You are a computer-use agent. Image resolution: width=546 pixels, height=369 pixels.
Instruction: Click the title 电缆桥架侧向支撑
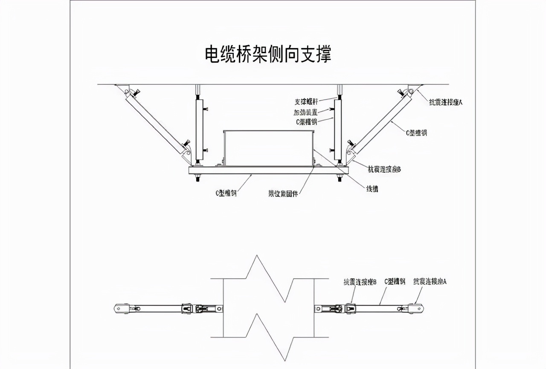[x=268, y=55]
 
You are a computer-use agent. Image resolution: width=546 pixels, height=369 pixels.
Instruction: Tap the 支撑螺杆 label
[x=306, y=102]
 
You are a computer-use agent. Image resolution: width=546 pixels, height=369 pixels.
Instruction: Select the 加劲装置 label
[x=306, y=112]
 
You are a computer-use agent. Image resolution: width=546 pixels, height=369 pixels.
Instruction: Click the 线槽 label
[x=372, y=189]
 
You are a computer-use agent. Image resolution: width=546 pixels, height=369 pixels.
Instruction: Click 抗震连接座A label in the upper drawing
[x=446, y=102]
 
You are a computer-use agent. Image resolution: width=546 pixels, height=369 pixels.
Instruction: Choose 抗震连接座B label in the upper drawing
[x=384, y=170]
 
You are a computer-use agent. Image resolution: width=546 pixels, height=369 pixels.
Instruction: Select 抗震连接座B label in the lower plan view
[x=360, y=282]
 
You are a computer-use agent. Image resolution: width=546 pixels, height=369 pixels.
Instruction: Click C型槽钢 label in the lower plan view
[x=395, y=282]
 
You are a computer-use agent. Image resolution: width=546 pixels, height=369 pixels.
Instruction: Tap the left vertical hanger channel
[x=198, y=128]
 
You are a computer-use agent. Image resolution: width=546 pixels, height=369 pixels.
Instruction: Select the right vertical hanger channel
[x=338, y=128]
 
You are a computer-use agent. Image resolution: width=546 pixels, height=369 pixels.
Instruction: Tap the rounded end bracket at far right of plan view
[x=416, y=308]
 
